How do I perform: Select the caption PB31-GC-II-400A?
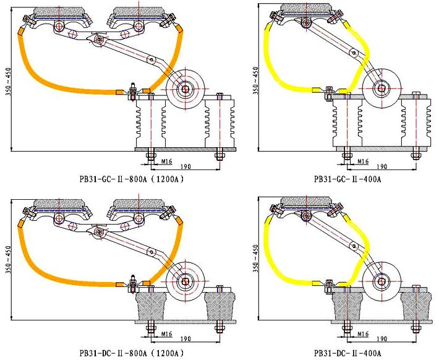tap(347, 179)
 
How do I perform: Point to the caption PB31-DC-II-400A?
tap(347, 354)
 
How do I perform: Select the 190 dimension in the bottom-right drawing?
tap(381, 340)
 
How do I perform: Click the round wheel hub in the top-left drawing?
tap(185, 90)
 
